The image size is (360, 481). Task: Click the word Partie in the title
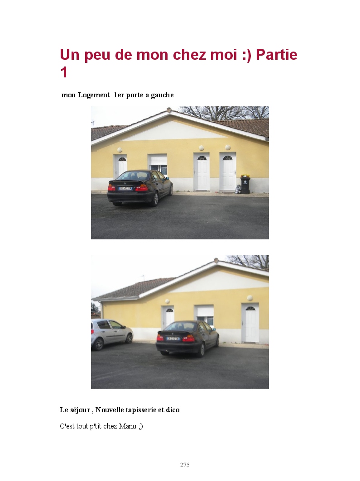[x=277, y=55]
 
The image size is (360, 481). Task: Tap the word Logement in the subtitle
[x=94, y=95]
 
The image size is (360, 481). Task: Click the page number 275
[x=185, y=465]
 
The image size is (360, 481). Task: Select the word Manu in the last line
[x=127, y=426]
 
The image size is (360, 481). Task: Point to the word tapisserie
[x=140, y=410]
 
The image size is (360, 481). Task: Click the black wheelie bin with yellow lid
[x=245, y=184]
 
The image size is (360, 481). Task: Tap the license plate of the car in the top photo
[x=125, y=188]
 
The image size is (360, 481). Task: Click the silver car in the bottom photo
[x=112, y=334]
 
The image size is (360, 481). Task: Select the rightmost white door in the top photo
[x=228, y=172]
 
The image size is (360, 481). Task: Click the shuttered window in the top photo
[x=158, y=164]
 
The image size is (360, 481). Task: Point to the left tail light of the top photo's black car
[x=111, y=187]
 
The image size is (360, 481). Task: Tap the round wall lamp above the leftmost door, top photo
[x=120, y=150]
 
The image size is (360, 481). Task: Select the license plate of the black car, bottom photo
[x=173, y=338]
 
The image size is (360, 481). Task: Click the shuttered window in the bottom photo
[x=205, y=314]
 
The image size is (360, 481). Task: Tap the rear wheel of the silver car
[x=99, y=344]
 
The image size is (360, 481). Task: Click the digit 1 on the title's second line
[x=63, y=73]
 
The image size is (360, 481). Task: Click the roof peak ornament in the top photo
[x=169, y=109]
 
